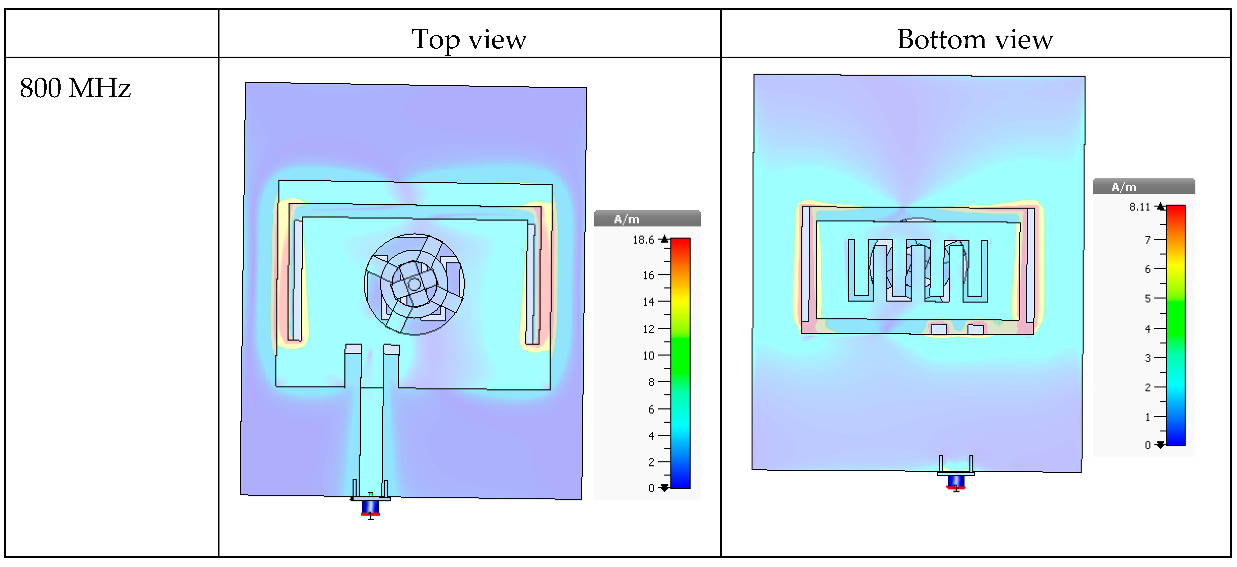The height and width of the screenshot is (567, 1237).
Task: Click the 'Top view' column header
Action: click(469, 39)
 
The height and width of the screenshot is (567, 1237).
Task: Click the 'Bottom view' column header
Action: click(975, 39)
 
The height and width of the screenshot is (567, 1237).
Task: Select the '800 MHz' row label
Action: click(75, 88)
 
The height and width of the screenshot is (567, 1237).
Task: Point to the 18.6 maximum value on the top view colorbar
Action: click(643, 240)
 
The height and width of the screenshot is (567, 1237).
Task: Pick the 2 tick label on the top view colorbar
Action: click(651, 462)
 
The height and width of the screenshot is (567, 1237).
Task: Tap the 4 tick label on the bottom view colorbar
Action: click(1148, 329)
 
